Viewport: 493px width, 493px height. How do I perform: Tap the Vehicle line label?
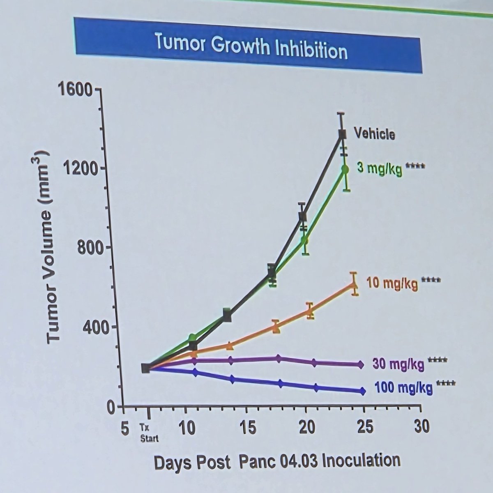(x=374, y=134)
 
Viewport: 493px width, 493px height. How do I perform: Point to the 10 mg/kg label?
(x=392, y=283)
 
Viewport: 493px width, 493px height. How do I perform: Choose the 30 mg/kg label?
(x=399, y=364)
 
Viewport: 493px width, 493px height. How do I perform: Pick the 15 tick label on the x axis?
(x=248, y=428)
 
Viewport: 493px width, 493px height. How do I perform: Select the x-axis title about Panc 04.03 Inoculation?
(x=276, y=461)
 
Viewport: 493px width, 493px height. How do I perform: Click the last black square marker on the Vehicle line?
(x=342, y=134)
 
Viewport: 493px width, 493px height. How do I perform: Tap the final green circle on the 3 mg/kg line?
(x=345, y=168)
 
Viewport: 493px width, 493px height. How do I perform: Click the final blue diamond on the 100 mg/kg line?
(x=362, y=391)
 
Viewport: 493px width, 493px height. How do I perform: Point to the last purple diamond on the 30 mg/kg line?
(x=361, y=364)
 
